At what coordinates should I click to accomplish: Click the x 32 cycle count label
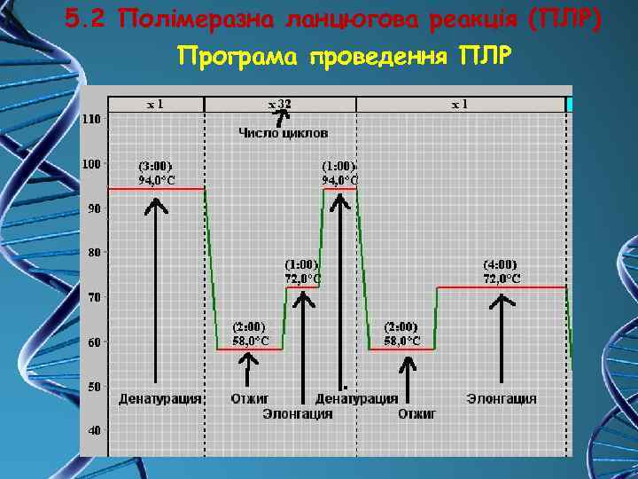point(280,104)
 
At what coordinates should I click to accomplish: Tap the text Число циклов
point(283,133)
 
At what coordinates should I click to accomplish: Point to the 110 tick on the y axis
point(91,118)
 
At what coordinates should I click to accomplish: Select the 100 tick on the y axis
point(91,163)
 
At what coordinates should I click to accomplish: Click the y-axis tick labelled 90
point(94,208)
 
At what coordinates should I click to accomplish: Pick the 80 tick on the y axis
point(94,252)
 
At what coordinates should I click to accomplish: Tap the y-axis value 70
point(94,297)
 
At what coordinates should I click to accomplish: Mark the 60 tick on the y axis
point(94,342)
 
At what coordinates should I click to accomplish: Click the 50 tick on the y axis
point(94,386)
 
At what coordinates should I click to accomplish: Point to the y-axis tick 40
point(94,430)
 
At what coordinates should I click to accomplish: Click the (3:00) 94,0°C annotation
point(156,172)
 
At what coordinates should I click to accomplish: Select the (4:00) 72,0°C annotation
point(502,271)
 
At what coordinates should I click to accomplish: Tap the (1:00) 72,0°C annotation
point(302,271)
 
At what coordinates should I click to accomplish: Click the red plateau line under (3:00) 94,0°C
point(156,189)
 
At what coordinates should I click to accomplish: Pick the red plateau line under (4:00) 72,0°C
point(502,287)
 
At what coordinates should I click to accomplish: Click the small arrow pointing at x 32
point(281,116)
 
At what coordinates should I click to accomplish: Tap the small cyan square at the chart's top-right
point(570,105)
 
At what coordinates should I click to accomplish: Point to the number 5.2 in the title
point(88,19)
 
